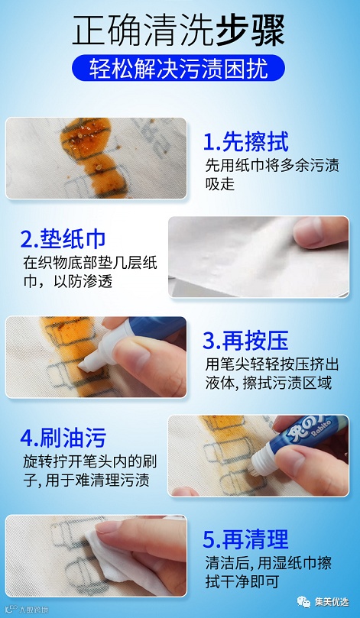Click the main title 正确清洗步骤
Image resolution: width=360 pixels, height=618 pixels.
pyautogui.click(x=178, y=31)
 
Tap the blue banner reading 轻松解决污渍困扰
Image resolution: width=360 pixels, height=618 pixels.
pyautogui.click(x=178, y=68)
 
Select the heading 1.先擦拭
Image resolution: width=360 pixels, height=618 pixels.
pyautogui.click(x=245, y=142)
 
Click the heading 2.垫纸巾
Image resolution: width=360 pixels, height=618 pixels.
pyautogui.click(x=63, y=239)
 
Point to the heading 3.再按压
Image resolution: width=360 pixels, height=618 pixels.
pyautogui.click(x=245, y=341)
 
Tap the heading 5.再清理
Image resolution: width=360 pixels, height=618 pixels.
pyautogui.click(x=245, y=539)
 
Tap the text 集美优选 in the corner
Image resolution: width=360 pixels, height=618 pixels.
pyautogui.click(x=332, y=602)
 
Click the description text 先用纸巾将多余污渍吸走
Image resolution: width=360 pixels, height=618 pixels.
pyautogui.click(x=272, y=174)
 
